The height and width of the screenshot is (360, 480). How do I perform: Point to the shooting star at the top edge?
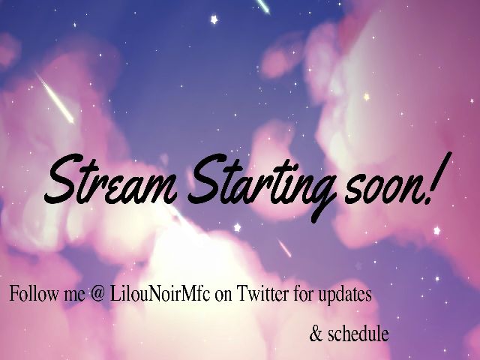point(262,5)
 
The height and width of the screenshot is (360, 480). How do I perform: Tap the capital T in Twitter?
point(241,294)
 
